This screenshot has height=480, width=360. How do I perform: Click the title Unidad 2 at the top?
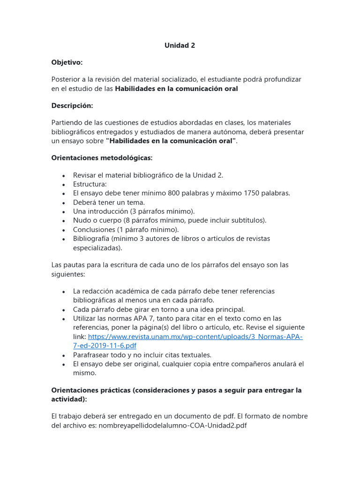coord(180,45)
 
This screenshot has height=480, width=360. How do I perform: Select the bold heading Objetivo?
coord(67,62)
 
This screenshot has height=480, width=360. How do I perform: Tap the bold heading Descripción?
coord(72,105)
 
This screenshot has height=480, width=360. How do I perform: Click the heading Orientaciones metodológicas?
coord(102,158)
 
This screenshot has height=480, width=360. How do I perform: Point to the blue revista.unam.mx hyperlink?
coord(195,337)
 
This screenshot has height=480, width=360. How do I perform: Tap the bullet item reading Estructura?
coord(90,184)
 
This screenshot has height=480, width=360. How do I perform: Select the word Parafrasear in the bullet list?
coord(92,355)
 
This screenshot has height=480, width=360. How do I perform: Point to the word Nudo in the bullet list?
coord(82,220)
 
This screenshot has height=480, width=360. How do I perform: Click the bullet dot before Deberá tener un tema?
coord(63,202)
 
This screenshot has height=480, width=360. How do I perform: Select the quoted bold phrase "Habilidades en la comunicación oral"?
coord(171,141)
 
